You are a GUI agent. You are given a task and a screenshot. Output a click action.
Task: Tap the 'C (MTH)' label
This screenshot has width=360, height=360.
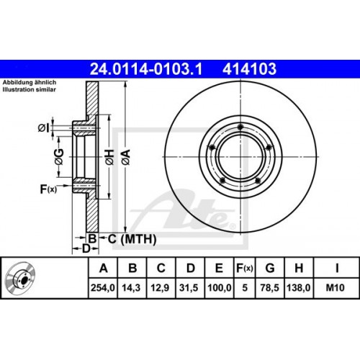pyautogui.click(x=123, y=238)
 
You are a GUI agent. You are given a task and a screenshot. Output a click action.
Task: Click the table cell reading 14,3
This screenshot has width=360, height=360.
pyautogui.click(x=132, y=288)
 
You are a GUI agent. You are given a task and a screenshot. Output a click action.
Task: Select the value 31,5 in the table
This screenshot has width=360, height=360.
pyautogui.click(x=190, y=288)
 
